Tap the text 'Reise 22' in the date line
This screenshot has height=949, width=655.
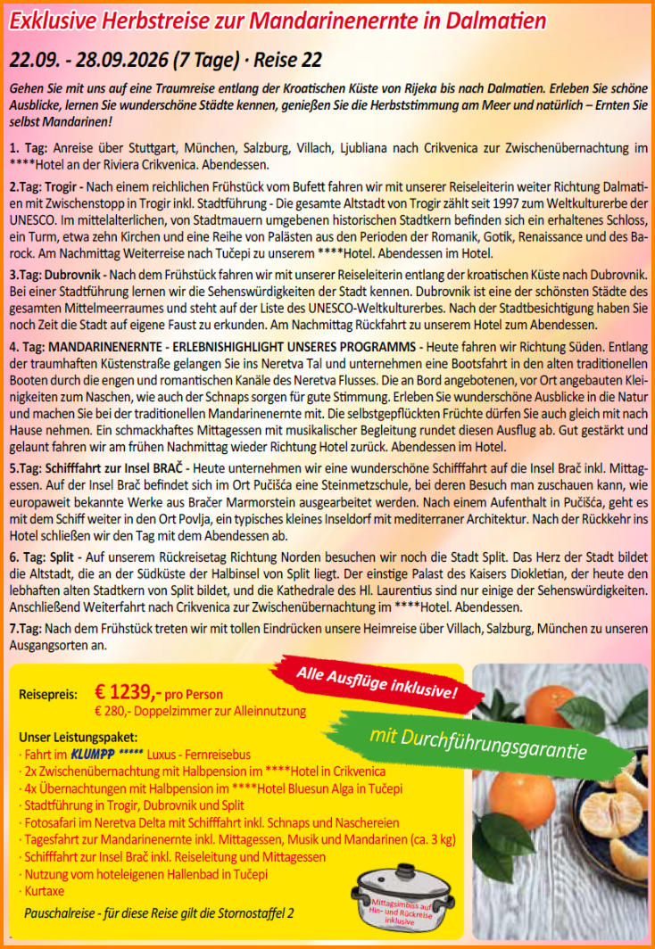287,61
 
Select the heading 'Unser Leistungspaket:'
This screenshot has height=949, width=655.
79,738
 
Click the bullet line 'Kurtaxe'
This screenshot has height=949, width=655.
44,890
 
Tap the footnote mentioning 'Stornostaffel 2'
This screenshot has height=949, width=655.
159,913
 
